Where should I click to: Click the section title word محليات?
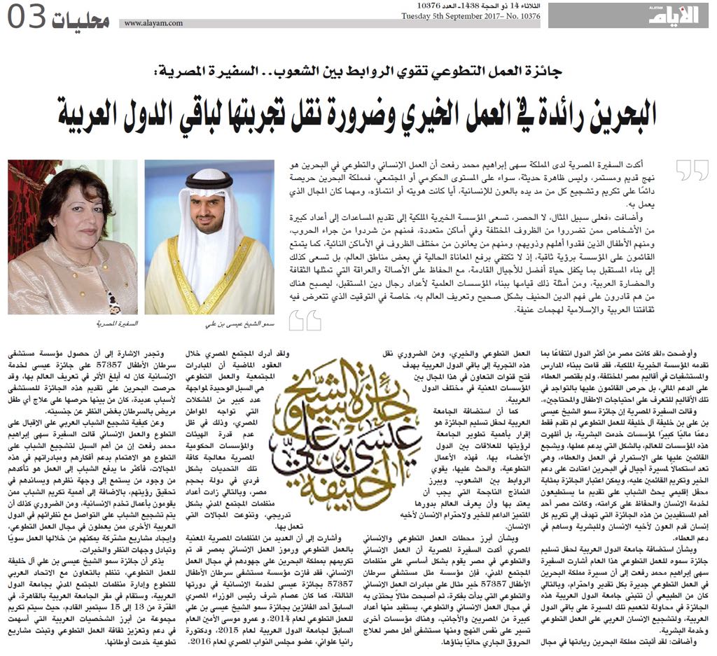[83, 19]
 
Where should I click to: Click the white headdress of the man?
[209, 196]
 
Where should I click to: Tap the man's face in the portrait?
[209, 214]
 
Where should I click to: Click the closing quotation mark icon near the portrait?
[305, 320]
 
